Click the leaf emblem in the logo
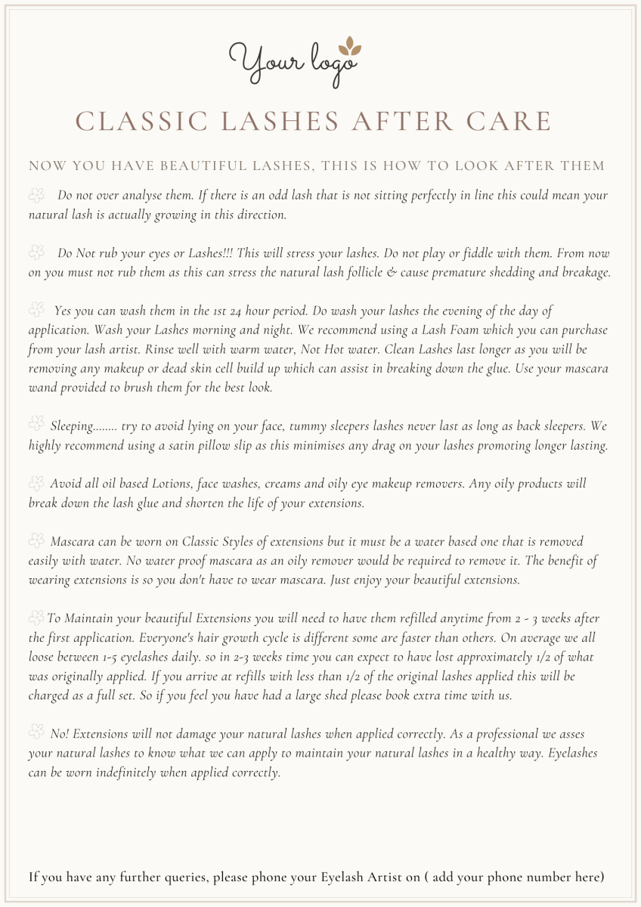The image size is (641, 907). tap(348, 46)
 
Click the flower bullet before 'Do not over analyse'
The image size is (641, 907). tap(36, 196)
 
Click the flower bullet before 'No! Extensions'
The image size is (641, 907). tap(36, 732)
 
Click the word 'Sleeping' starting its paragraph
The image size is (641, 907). tap(73, 426)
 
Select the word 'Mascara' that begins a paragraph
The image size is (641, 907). tap(74, 541)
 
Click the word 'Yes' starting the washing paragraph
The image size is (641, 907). tap(63, 311)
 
